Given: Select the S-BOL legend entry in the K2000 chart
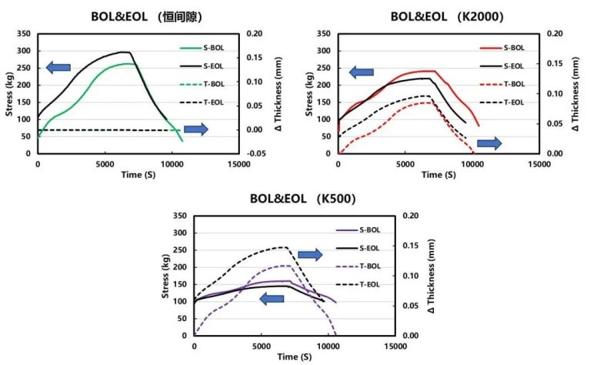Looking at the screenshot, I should click(513, 47).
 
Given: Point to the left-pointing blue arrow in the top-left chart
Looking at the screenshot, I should click(58, 68).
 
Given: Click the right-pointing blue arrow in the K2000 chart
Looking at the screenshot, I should click(489, 143).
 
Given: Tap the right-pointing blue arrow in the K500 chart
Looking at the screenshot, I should click(310, 255).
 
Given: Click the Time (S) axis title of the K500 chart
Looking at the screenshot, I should click(295, 358).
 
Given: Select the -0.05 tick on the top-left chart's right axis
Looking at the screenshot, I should click(255, 153).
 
